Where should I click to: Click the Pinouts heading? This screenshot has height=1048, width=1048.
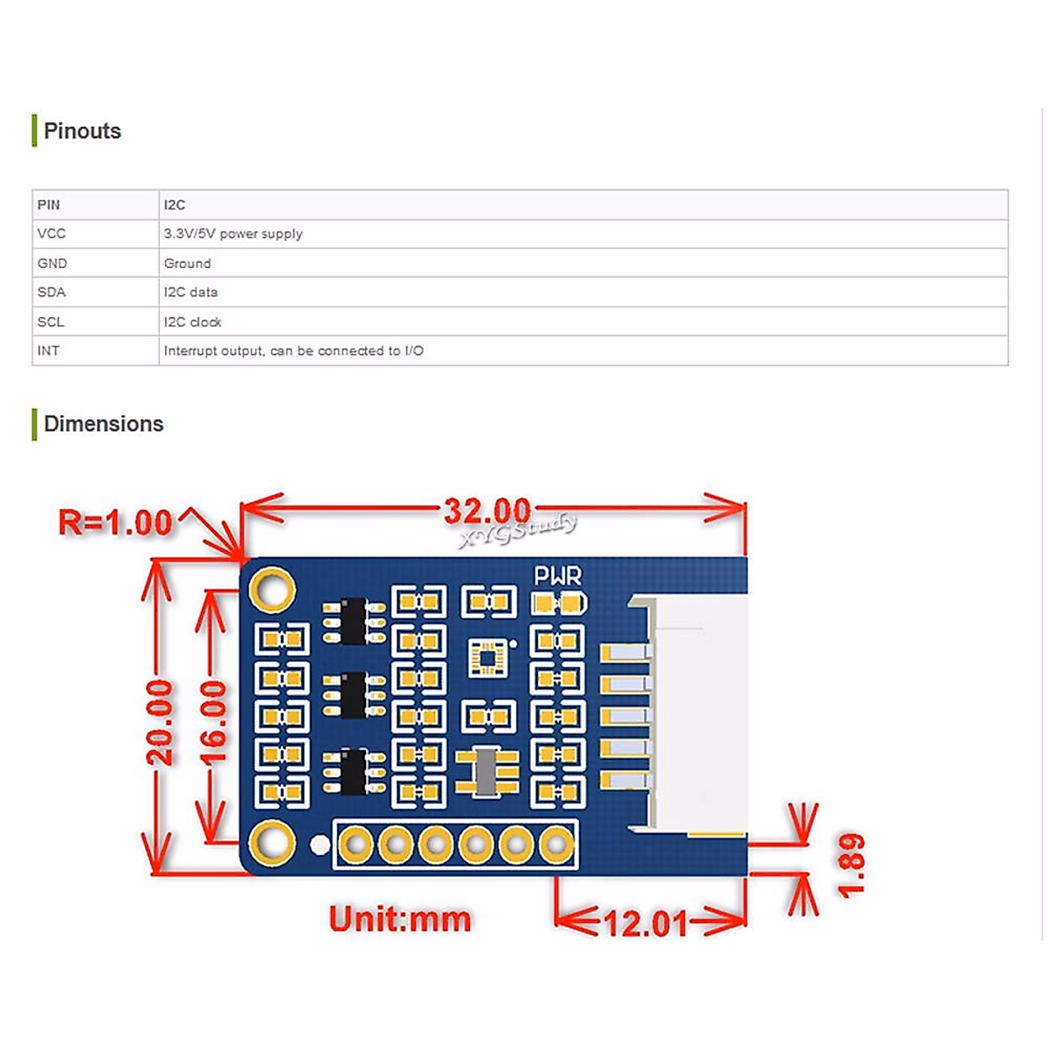82,131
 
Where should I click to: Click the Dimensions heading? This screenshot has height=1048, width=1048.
103,424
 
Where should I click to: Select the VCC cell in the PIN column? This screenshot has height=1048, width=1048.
52,234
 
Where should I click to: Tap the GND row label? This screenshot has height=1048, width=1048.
52,263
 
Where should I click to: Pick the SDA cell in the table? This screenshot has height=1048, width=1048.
52,293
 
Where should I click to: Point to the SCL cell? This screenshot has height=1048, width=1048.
51,321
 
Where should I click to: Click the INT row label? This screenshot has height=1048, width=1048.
49,351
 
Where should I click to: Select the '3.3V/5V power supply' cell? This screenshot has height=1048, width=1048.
233,234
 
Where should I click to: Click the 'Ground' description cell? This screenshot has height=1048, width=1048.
188,263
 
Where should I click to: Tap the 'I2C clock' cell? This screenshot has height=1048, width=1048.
193,321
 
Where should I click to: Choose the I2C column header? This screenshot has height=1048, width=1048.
175,204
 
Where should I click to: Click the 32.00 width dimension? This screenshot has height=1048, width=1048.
487,511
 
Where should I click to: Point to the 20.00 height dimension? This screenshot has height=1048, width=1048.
160,722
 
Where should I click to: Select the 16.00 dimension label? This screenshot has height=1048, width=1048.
213,722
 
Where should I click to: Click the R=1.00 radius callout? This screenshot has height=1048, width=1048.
115,523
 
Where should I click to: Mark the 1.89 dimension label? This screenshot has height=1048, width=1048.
851,865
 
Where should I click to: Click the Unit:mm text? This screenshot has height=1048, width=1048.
400,919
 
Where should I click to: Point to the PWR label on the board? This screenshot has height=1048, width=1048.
557,576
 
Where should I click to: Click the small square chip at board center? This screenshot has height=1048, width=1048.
487,658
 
